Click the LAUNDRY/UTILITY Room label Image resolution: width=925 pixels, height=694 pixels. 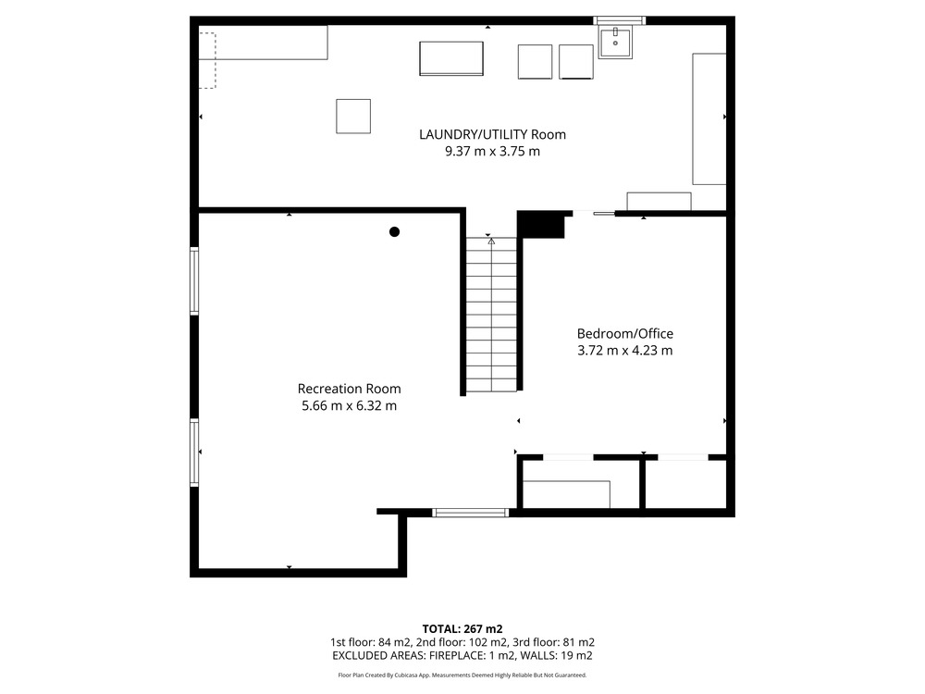click(x=493, y=134)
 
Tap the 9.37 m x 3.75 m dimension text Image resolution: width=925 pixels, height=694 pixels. click(x=493, y=151)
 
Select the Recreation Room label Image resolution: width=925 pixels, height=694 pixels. click(x=350, y=389)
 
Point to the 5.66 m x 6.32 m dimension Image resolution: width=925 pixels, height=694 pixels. click(x=350, y=406)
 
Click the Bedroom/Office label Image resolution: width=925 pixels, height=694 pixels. click(x=625, y=334)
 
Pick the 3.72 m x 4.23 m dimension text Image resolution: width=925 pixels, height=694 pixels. click(x=624, y=351)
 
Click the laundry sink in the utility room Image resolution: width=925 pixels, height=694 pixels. click(x=615, y=42)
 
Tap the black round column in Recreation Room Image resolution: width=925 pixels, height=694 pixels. click(x=395, y=232)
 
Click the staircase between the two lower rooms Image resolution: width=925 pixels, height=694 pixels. click(x=491, y=314)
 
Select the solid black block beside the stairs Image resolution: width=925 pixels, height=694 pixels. click(x=540, y=225)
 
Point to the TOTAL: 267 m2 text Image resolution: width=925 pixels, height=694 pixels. click(x=462, y=629)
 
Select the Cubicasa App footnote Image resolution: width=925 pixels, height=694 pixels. click(x=462, y=675)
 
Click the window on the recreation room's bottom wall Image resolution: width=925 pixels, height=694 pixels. click(x=470, y=513)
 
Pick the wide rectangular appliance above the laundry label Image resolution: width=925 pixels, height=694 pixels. click(x=451, y=58)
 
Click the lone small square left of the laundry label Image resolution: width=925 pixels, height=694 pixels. click(x=353, y=117)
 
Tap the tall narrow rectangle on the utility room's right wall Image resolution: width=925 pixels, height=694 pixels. click(x=709, y=118)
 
